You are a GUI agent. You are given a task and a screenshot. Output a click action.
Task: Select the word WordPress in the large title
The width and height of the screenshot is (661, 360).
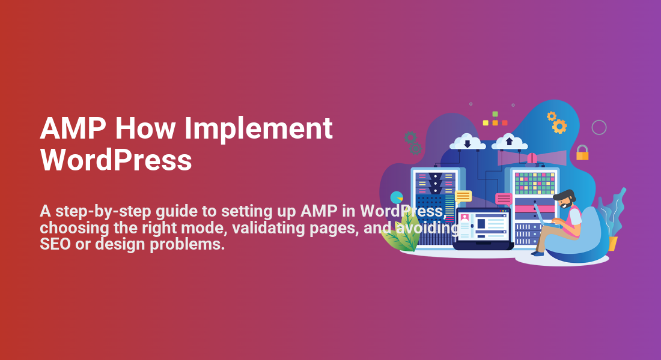point(116,160)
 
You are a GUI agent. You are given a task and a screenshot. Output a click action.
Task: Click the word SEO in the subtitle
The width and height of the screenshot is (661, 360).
point(55,244)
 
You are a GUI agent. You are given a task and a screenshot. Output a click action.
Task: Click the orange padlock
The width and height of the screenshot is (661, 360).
point(582,152)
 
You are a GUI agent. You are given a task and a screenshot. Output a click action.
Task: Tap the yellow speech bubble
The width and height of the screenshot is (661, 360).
point(463,197)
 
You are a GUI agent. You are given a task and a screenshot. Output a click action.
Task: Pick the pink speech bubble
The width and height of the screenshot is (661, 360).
point(504,199)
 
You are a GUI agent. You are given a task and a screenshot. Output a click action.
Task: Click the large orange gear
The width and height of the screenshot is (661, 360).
point(559,127)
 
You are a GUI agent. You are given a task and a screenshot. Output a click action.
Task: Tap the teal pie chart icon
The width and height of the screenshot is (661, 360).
point(396,197)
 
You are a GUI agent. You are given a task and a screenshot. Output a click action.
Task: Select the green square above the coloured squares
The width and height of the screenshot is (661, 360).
point(495,114)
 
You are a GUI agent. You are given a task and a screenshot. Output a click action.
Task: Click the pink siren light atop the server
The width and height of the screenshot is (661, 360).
point(532,158)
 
